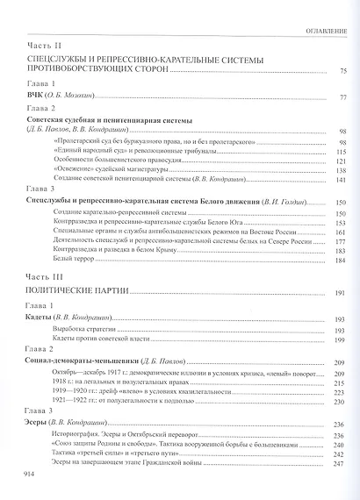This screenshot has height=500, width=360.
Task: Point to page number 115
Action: pos(342,150)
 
